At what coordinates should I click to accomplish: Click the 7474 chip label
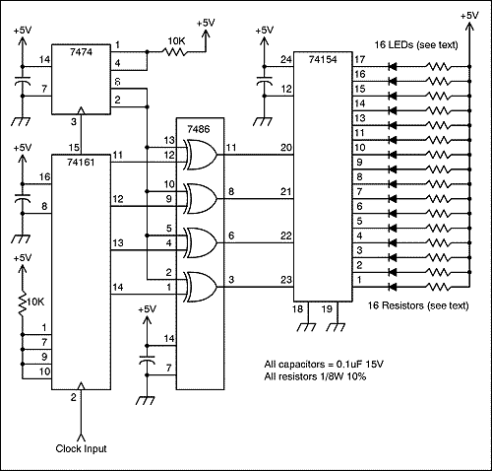81,52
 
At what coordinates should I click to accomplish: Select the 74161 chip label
81,162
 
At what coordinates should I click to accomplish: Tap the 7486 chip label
199,129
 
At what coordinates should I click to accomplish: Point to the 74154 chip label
323,59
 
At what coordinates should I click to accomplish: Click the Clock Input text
81,448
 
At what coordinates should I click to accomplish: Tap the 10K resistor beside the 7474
174,51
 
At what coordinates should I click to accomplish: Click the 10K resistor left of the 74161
23,303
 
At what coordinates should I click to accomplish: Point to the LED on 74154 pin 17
393,67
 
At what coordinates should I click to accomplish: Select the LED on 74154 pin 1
393,287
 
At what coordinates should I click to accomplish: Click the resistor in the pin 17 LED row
438,67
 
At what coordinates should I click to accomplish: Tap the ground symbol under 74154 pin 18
307,327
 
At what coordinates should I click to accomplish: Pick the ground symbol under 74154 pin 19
337,327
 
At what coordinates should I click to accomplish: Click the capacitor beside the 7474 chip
23,81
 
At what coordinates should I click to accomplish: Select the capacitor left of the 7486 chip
147,360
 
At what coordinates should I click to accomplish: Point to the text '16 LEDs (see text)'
416,44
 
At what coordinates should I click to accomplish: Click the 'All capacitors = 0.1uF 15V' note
324,364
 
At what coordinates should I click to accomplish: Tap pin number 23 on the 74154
286,280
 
